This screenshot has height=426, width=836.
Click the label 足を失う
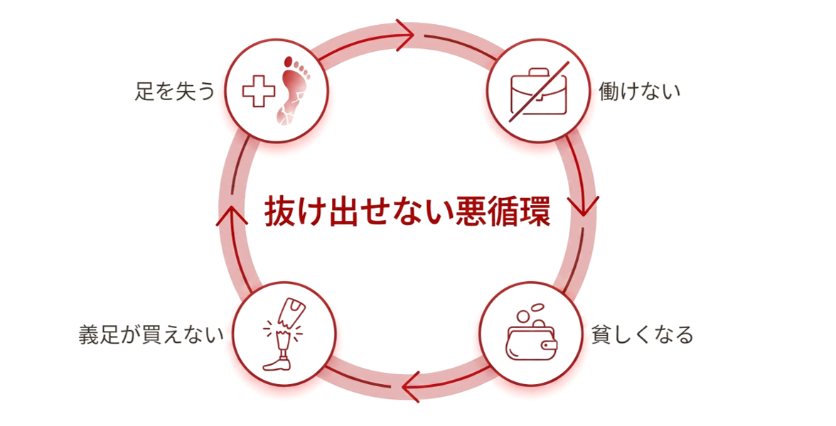[x=175, y=91]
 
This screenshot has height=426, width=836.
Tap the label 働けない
[x=639, y=91]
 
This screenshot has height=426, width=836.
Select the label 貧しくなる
[x=642, y=335]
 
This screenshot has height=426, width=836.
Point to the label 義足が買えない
[x=151, y=335]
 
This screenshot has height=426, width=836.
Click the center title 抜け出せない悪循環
[x=407, y=212]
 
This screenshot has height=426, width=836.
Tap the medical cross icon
[x=259, y=91]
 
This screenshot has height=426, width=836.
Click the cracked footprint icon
[x=293, y=91]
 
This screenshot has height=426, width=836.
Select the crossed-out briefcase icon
[x=539, y=91]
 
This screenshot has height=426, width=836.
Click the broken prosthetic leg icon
[x=283, y=334]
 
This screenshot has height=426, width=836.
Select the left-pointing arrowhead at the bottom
[x=411, y=386]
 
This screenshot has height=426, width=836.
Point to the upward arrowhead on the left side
[x=232, y=215]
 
